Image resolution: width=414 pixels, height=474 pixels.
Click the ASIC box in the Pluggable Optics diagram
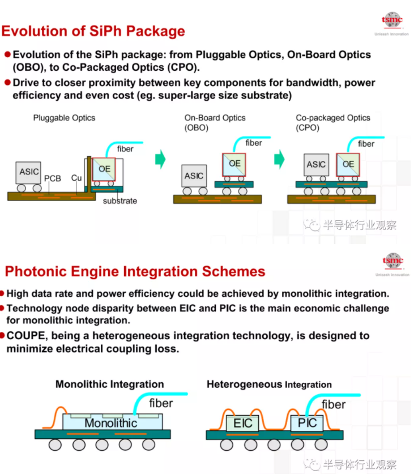[28, 172]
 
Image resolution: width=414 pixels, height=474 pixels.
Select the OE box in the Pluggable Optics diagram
[104, 169]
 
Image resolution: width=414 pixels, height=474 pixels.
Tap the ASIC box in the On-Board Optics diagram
[194, 176]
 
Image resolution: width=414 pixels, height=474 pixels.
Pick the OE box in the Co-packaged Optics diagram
[348, 165]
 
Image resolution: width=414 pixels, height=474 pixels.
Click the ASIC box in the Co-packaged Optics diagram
[317, 165]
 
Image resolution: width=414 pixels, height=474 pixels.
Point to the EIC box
[242, 423]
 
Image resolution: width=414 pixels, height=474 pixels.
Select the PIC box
[306, 423]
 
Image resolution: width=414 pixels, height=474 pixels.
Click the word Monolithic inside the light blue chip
[110, 423]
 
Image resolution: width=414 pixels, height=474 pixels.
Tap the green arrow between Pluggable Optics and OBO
[160, 159]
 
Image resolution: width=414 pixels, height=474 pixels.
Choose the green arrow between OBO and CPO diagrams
[279, 159]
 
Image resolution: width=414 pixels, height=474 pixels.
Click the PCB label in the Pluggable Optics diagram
[53, 178]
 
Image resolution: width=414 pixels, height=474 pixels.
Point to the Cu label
[76, 178]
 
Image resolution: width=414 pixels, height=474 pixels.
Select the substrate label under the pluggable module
[120, 200]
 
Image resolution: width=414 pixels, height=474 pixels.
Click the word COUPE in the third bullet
[26, 336]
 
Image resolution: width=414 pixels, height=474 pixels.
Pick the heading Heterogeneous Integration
[269, 384]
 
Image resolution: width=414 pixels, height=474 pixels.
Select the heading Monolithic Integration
[110, 384]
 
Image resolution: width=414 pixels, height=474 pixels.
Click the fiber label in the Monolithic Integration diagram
[161, 403]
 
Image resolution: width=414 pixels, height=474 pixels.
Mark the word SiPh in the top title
[105, 31]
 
